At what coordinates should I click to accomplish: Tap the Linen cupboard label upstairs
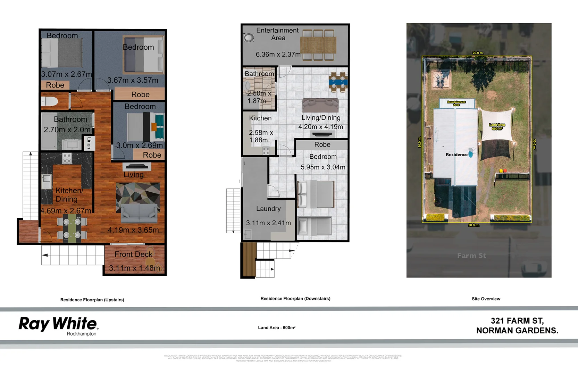(89, 143)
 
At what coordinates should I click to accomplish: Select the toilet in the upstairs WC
(49, 101)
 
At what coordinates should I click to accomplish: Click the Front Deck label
(133, 254)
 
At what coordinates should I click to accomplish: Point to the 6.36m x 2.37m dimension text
(278, 55)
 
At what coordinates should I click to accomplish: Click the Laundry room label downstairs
(268, 209)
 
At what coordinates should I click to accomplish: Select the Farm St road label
(471, 256)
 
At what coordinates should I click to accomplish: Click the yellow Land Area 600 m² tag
(497, 127)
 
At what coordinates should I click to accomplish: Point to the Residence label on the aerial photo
(456, 155)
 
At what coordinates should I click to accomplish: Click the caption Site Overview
(486, 299)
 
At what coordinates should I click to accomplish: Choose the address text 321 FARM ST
(517, 320)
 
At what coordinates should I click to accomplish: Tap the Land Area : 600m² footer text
(277, 327)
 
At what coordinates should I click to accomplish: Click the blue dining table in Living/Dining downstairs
(338, 82)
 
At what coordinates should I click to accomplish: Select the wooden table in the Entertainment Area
(318, 45)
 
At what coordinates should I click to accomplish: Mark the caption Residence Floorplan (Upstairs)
(92, 300)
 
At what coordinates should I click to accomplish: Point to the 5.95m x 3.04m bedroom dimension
(323, 167)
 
